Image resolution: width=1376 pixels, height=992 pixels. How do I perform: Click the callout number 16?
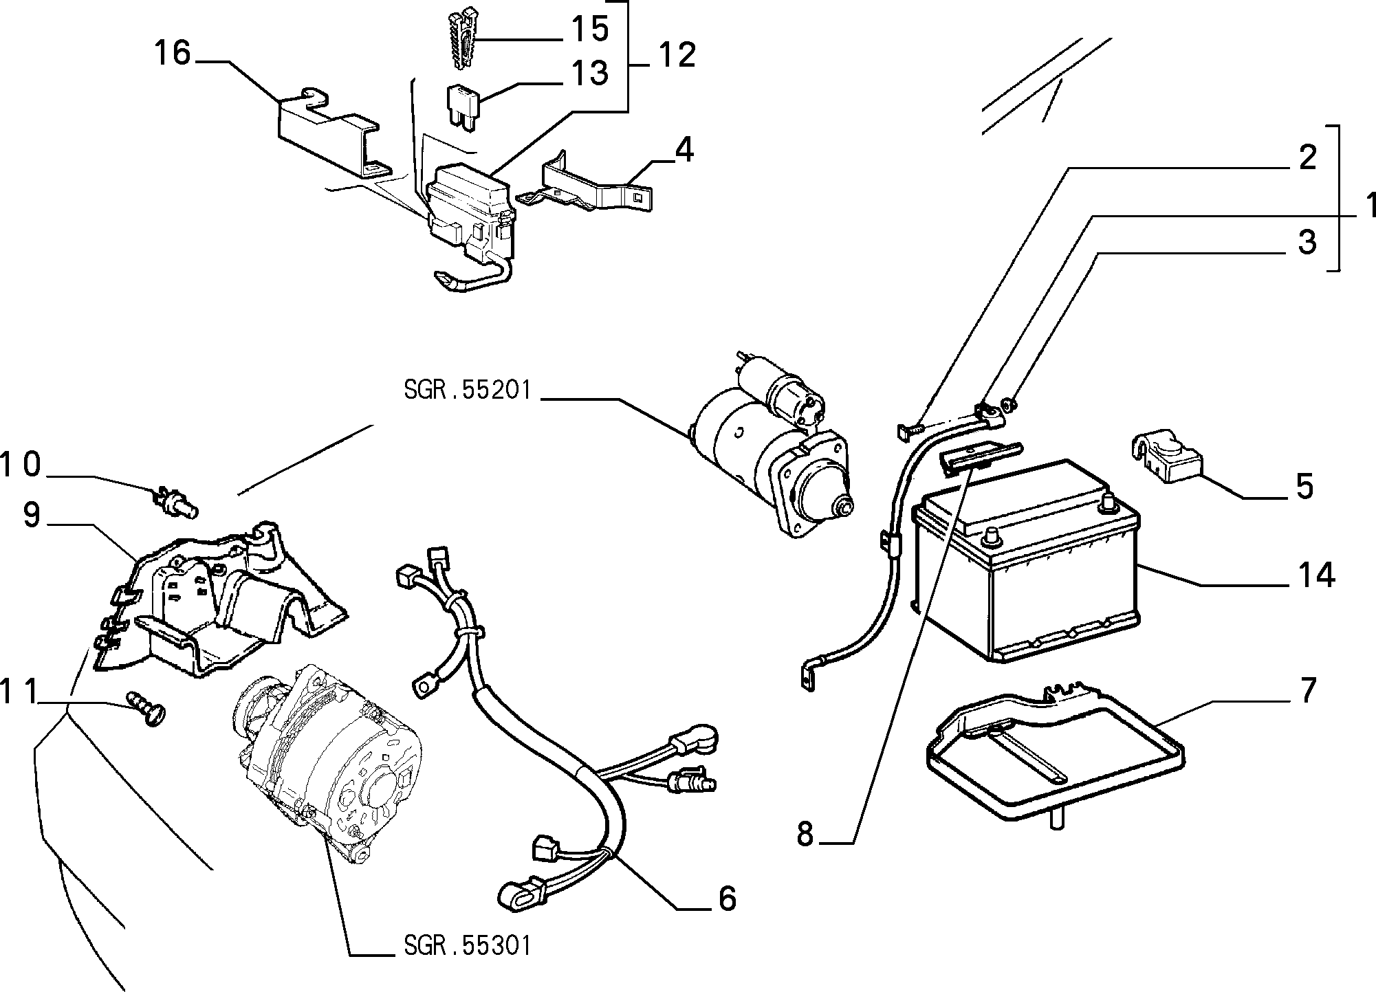coord(172,53)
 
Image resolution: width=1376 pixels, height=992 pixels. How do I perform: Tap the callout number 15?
coord(589,30)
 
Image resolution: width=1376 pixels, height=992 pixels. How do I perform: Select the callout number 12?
coord(677,55)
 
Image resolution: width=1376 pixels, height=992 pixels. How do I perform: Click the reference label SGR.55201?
coord(468,390)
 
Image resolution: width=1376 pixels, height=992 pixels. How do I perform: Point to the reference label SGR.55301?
coord(468,946)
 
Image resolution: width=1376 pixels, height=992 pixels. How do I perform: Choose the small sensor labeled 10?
coord(176,500)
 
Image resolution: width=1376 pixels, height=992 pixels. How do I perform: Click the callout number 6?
coord(727,899)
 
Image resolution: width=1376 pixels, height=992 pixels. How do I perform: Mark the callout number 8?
coord(805,835)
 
